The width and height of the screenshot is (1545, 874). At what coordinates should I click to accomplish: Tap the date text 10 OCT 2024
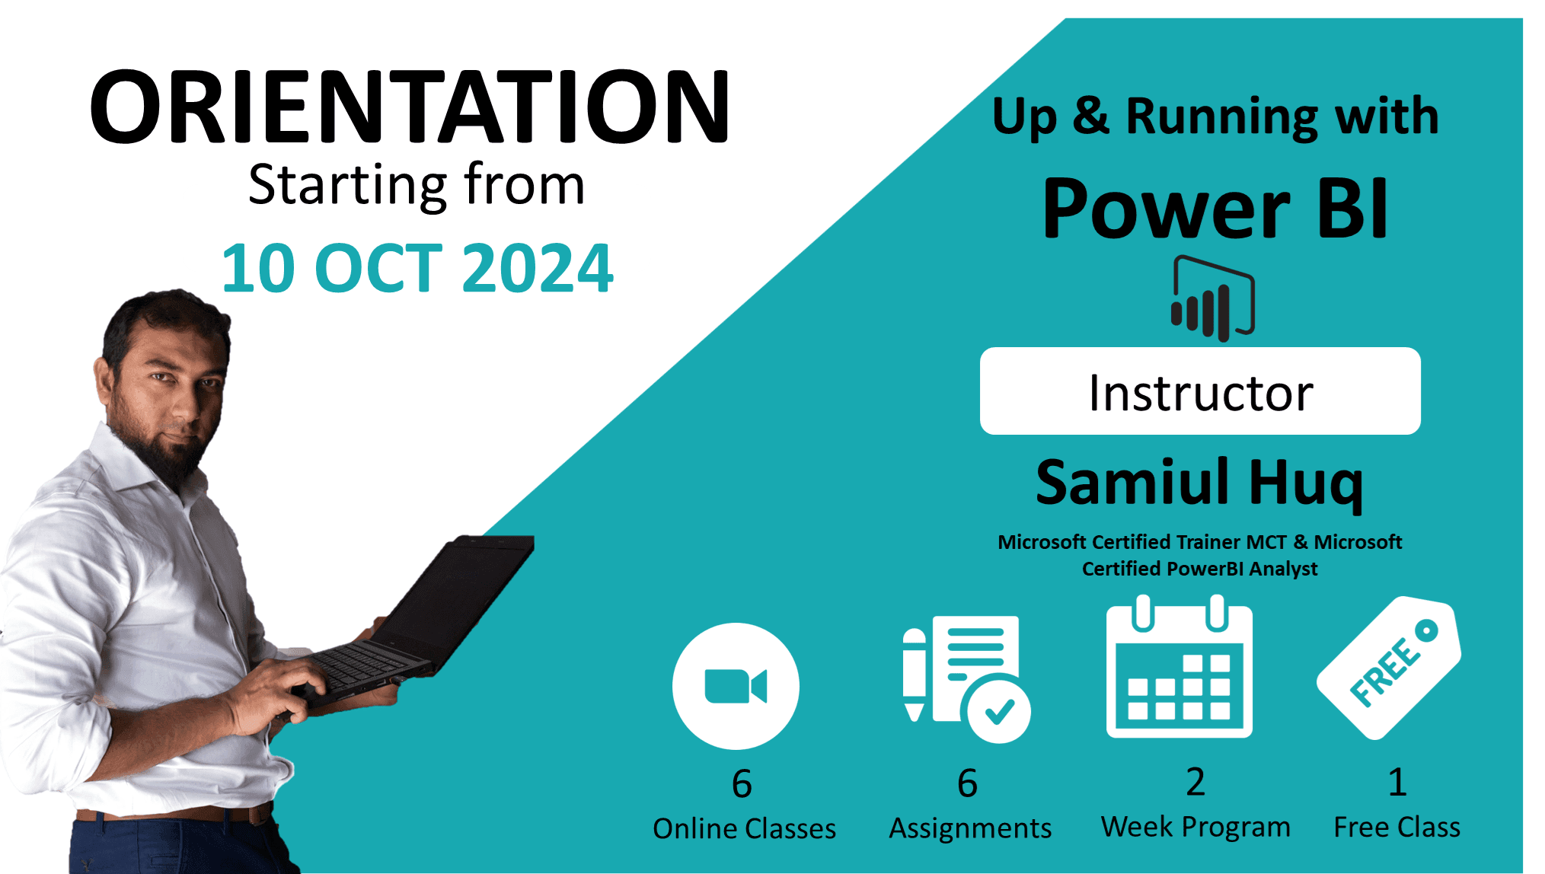(417, 268)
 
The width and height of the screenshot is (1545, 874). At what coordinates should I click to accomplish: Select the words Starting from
(417, 185)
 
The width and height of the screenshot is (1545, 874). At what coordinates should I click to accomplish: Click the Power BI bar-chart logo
(1212, 299)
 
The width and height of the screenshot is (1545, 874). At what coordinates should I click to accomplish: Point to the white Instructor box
(1200, 391)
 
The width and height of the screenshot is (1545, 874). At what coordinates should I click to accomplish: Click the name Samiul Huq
(1199, 483)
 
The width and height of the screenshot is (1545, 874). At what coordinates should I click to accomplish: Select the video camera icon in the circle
(736, 686)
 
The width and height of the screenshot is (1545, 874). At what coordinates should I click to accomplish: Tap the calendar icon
(1179, 669)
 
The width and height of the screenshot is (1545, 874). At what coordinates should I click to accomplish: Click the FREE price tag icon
(1389, 668)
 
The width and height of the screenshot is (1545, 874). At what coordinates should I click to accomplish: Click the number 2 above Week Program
(1195, 782)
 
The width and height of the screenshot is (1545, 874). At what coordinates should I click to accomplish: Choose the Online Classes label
(744, 828)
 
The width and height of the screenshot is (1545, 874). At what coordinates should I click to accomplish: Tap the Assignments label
(970, 828)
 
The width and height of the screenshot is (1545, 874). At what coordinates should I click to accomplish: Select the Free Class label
(1397, 827)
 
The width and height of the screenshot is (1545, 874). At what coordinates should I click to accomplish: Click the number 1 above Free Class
(1397, 782)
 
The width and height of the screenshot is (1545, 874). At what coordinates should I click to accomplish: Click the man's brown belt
(175, 815)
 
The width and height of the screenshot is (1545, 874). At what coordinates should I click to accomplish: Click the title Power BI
(1215, 208)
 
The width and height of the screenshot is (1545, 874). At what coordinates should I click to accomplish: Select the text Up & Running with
(1215, 116)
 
